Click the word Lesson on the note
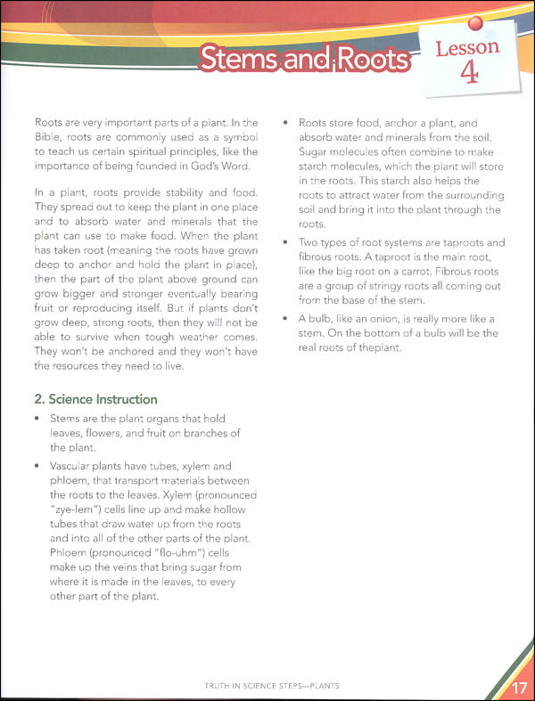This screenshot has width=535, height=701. [x=467, y=46]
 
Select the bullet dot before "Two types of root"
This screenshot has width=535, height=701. [x=286, y=243]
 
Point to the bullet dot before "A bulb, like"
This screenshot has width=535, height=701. [x=286, y=318]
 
